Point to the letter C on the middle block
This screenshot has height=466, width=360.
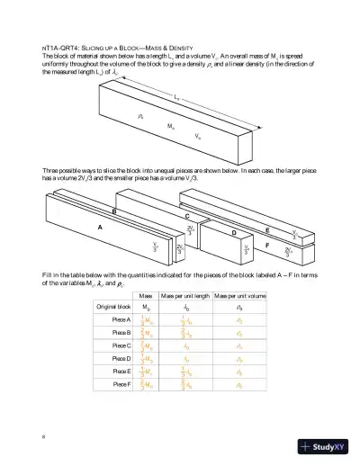(x=186, y=217)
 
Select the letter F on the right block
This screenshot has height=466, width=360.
(x=292, y=243)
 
